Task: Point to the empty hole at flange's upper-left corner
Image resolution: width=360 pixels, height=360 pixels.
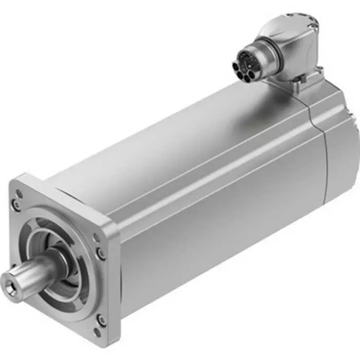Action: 19,194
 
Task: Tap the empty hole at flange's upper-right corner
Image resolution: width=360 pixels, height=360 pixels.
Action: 96,238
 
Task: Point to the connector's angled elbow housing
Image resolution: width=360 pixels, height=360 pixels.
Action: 288,46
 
